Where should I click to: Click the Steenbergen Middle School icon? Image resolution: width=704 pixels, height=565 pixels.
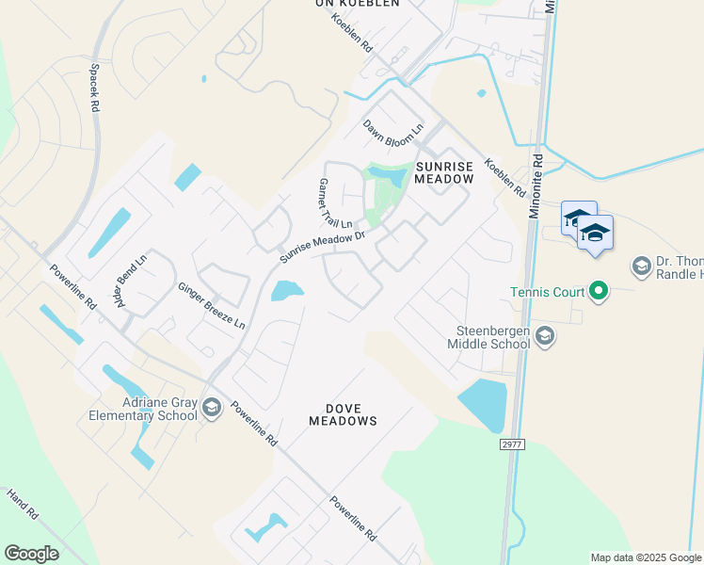(x=544, y=335)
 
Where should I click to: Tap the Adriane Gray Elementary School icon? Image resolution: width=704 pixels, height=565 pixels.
(x=212, y=408)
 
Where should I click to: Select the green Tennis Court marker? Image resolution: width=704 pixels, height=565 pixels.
(x=598, y=291)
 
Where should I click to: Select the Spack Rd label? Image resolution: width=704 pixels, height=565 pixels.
(x=94, y=88)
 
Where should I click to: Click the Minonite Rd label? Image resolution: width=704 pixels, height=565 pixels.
(x=535, y=188)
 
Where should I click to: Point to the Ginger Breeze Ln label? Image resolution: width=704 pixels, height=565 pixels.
(x=212, y=305)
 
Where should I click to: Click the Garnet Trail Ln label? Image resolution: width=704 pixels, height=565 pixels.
(x=335, y=203)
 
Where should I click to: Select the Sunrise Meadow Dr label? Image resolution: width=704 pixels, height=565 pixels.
(x=323, y=248)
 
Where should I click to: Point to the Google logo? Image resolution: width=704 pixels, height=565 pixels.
(x=31, y=554)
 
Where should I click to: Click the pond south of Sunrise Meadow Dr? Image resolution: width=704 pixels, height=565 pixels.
(x=287, y=291)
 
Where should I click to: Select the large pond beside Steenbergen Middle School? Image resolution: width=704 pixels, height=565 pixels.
(x=485, y=402)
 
